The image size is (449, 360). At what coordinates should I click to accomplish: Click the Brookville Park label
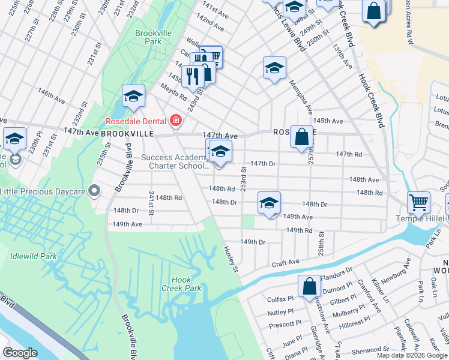pos(148,37)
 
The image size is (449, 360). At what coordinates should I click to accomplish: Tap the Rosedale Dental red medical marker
pos(176,121)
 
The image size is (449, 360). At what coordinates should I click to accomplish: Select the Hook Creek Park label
pos(181,284)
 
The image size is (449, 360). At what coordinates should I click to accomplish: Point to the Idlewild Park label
pos(33,256)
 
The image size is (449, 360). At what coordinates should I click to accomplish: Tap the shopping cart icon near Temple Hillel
pos(418,202)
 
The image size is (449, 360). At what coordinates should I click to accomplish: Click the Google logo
pos(20,353)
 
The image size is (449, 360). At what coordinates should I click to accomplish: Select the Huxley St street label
pos(232,258)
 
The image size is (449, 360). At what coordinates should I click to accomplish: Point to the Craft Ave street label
pos(285,262)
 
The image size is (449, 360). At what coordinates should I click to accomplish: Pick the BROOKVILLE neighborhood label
pos(125,133)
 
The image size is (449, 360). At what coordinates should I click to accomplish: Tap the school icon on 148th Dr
pos(270,202)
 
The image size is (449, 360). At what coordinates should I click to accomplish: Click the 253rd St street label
pos(244,178)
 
